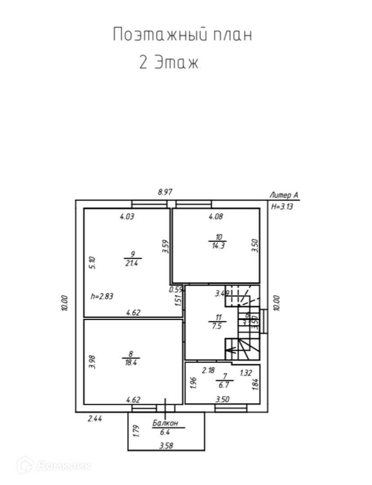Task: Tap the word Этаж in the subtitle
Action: [x=176, y=63]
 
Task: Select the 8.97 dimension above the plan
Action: [x=165, y=192]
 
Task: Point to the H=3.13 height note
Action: [x=282, y=207]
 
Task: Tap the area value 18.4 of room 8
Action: [x=130, y=362]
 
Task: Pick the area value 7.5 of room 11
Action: [x=217, y=326]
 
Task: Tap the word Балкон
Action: [x=165, y=423]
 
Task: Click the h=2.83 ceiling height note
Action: [x=102, y=296]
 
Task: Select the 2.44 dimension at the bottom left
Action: [x=94, y=419]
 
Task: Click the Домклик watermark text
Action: [x=63, y=466]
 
